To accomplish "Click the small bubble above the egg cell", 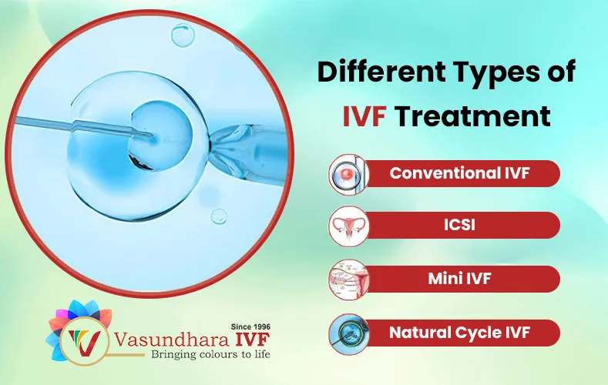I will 182,35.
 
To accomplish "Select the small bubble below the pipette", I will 219,216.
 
